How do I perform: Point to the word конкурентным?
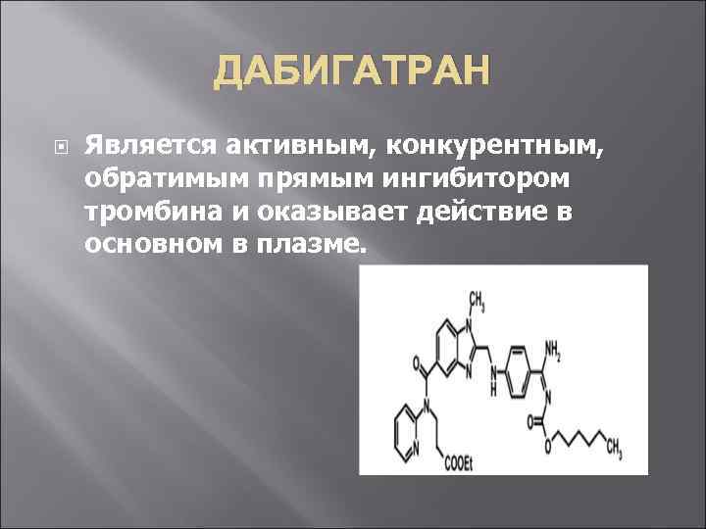[x=503, y=146]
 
